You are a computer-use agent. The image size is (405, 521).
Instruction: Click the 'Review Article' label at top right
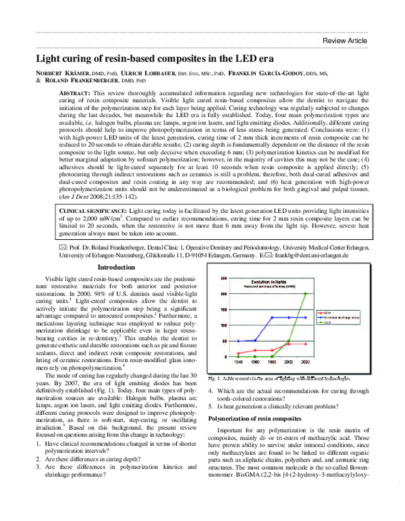click(345, 41)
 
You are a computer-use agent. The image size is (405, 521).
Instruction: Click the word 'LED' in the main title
click(232, 59)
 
